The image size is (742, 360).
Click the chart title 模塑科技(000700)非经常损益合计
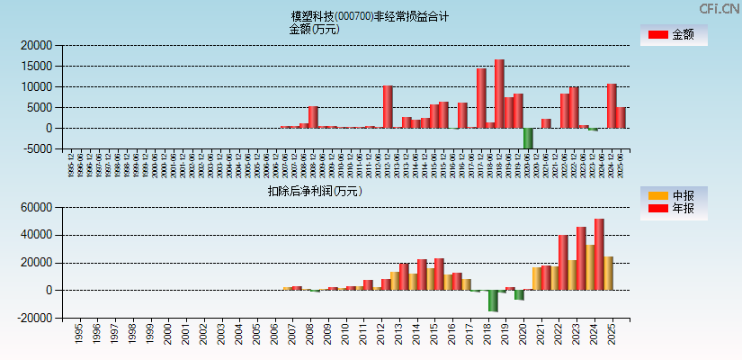(370, 16)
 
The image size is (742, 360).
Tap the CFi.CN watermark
(720, 8)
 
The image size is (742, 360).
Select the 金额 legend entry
(673, 35)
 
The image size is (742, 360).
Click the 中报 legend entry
(673, 195)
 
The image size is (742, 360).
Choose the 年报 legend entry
(673, 209)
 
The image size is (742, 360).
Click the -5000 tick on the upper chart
(38, 149)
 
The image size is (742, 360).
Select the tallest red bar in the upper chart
(499, 94)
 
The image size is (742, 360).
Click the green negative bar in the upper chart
(528, 138)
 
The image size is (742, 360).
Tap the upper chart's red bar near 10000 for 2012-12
(388, 107)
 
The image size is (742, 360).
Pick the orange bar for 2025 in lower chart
(608, 274)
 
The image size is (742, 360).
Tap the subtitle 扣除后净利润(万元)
(315, 191)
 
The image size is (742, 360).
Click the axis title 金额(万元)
(314, 29)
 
